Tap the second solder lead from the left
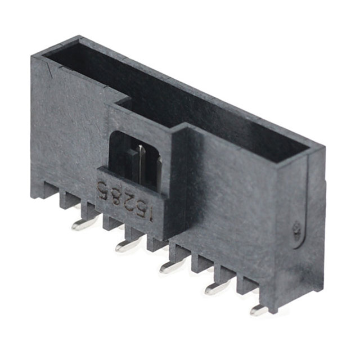point(127,245)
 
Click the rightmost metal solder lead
point(259,309)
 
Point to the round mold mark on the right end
point(296,228)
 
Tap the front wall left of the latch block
point(67,129)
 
